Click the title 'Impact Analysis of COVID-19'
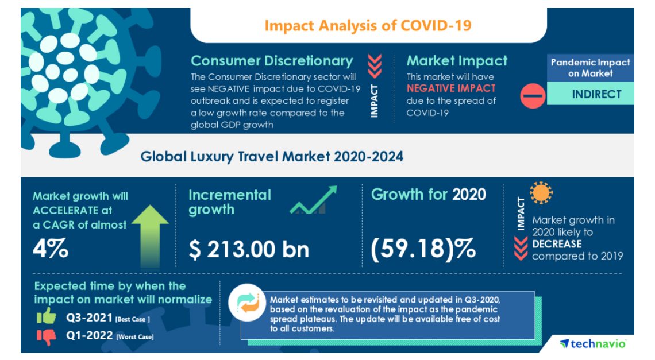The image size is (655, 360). [x=368, y=25]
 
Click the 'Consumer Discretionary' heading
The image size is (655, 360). [x=272, y=61]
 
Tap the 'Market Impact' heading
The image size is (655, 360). [x=457, y=61]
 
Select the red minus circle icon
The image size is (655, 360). [x=533, y=95]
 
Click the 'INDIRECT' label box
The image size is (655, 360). [x=596, y=94]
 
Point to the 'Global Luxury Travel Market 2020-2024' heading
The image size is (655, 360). [x=272, y=156]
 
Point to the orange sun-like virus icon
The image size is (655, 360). [x=541, y=194]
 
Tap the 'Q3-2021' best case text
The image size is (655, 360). [x=85, y=318]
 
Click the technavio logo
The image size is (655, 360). [x=593, y=343]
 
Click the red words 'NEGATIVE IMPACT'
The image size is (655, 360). [x=450, y=88]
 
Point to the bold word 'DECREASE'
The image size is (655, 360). [x=557, y=244]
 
